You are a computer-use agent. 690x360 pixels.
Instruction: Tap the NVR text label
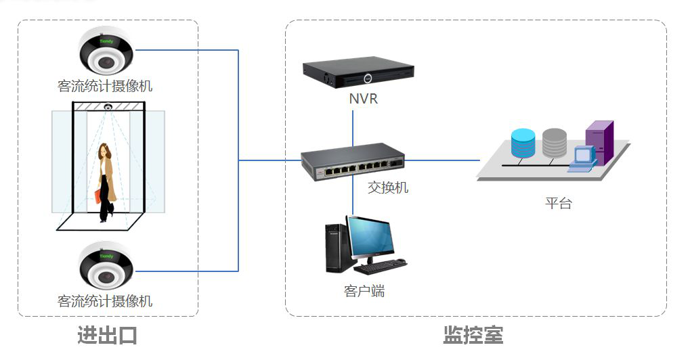(363, 99)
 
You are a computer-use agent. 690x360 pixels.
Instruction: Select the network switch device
(352, 162)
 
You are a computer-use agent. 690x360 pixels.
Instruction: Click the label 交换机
(387, 187)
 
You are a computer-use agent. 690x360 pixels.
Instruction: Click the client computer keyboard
(380, 266)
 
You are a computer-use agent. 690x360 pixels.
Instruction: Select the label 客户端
(364, 291)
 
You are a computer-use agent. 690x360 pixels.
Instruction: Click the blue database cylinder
(523, 143)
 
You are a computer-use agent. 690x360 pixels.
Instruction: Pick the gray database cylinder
(553, 142)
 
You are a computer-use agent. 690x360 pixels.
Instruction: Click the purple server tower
(599, 142)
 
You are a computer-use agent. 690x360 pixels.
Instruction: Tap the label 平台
(558, 203)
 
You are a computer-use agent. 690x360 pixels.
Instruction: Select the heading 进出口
(107, 335)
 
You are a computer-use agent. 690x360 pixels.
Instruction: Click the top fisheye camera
(106, 53)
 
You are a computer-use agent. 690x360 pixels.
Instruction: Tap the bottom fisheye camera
(106, 265)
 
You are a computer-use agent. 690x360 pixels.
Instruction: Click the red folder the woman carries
(98, 196)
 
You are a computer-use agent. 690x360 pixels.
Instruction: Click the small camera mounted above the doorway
(108, 106)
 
